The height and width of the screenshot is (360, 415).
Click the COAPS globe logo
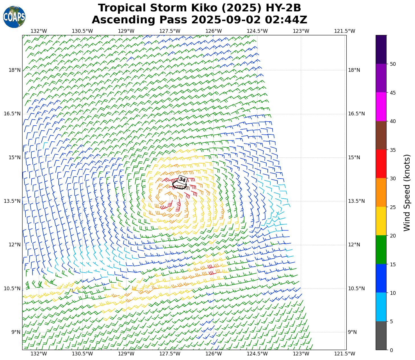click(14, 17)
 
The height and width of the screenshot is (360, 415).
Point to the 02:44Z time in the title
click(286, 20)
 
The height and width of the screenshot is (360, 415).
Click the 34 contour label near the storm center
click(182, 180)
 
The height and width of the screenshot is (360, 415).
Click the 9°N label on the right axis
click(352, 332)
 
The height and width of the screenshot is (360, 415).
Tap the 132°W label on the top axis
click(39, 31)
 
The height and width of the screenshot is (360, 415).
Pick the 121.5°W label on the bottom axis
click(345, 354)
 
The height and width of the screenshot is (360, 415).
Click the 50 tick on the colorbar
click(393, 64)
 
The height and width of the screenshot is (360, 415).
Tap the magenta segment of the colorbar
click(381, 107)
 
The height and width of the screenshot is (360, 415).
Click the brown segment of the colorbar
click(381, 135)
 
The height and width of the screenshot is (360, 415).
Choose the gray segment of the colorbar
click(381, 336)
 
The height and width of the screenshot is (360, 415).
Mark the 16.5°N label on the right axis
click(356, 114)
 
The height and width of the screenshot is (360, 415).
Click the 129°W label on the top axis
click(126, 31)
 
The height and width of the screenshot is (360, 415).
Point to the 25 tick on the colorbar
click(393, 207)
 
